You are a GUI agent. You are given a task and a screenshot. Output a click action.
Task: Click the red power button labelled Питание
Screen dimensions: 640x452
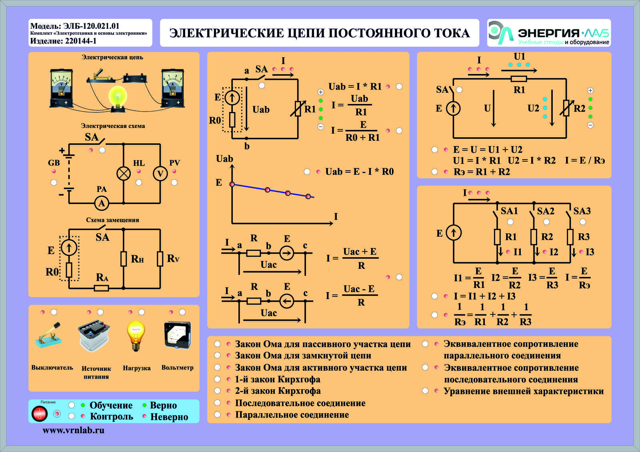pos(40,414)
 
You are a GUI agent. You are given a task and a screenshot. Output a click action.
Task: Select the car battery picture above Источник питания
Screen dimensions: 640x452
pos(94,336)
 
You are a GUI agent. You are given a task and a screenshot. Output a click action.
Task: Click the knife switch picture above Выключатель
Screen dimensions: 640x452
pos(48,335)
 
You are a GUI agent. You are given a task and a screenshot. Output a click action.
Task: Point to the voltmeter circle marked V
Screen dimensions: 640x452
pos(160,174)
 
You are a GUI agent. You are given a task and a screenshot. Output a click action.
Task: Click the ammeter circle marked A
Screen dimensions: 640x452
pos(102,203)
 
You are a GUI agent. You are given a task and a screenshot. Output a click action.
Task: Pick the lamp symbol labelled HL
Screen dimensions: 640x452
pos(124,174)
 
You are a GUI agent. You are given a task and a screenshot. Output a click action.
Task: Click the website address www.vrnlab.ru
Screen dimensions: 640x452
pos(74,430)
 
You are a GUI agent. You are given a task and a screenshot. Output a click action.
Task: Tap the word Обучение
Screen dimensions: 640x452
pos(111,405)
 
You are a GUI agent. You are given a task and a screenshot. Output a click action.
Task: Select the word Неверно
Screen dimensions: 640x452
pos(169,417)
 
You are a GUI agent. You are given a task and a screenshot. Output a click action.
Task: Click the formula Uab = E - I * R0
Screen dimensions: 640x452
pos(360,172)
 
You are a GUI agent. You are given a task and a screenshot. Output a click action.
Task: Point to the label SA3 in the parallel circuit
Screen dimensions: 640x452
pos(582,211)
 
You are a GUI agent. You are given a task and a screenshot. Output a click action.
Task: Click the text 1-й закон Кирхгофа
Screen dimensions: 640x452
pos(278,379)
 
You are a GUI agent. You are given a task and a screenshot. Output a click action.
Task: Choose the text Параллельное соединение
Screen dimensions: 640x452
pos(292,414)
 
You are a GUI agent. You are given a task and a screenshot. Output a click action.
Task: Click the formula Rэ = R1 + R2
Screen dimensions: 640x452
pos(482,172)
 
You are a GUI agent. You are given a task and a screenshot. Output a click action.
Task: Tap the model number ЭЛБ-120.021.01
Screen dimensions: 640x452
pos(91,26)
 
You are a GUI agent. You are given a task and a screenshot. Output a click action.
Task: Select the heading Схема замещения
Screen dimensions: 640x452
pos(112,220)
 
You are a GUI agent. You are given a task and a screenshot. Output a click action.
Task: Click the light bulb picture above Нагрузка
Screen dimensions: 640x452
pos(136,336)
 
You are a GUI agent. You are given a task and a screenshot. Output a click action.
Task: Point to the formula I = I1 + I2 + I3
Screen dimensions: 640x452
pos(484,296)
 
